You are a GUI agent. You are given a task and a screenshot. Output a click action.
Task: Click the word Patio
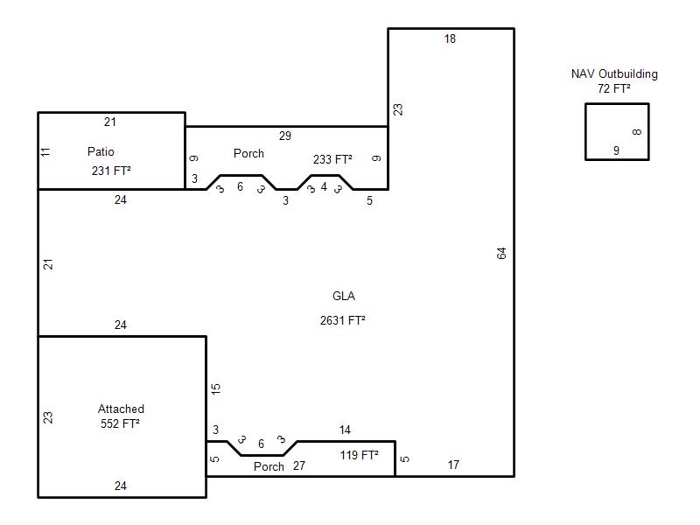click(101, 151)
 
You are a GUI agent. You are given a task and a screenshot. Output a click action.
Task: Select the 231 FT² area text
click(111, 171)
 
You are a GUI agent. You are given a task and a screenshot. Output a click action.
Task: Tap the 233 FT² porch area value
click(332, 159)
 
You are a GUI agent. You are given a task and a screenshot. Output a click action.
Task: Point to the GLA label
click(344, 296)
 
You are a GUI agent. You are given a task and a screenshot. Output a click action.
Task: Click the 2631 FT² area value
click(342, 320)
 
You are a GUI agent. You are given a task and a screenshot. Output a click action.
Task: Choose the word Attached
click(121, 409)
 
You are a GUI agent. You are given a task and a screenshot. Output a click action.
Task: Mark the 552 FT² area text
click(120, 423)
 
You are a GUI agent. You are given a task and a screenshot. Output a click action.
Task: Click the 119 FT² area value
click(359, 455)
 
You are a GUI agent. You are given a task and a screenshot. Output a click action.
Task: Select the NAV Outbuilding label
click(614, 73)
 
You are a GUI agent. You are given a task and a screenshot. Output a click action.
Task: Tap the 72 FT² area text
click(614, 88)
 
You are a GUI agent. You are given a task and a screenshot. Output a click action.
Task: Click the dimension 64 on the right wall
click(501, 254)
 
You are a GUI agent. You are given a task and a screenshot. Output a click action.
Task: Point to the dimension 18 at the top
click(450, 38)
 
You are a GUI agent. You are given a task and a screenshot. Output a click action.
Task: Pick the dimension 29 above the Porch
click(285, 136)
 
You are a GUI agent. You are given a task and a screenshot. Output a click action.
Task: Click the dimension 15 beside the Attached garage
click(215, 388)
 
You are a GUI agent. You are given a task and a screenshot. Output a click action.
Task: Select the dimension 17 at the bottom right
click(453, 465)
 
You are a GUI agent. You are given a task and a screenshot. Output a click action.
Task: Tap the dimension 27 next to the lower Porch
click(299, 465)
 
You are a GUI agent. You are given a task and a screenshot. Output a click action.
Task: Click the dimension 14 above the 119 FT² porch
click(345, 430)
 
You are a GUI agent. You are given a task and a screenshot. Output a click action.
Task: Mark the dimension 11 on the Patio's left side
click(45, 152)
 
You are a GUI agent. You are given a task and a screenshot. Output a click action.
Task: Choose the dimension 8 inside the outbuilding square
click(637, 132)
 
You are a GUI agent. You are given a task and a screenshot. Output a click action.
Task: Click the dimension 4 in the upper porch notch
click(324, 186)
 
